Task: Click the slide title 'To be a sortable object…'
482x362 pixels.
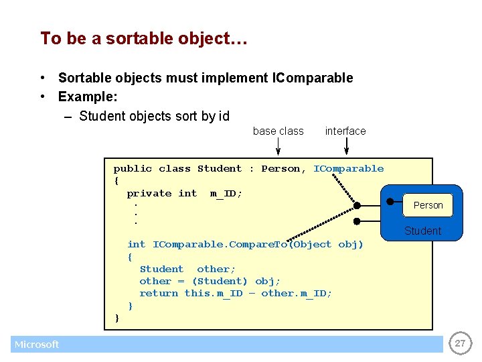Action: [x=144, y=38]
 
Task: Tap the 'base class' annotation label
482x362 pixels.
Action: [x=278, y=131]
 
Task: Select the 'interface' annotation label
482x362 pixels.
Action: [x=345, y=131]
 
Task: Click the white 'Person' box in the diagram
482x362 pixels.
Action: [x=428, y=205]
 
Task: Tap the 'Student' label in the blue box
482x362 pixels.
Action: [x=422, y=231]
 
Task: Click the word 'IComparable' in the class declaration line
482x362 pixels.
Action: [x=348, y=169]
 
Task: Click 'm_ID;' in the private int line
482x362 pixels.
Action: [x=226, y=194]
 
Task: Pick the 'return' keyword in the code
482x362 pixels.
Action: [x=159, y=294]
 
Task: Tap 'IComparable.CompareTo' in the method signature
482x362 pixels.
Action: [x=212, y=245]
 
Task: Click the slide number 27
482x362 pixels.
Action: [x=460, y=344]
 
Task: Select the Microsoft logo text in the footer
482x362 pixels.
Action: [x=37, y=345]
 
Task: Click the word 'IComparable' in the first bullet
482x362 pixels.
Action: [x=313, y=78]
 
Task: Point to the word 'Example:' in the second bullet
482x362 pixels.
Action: [x=88, y=97]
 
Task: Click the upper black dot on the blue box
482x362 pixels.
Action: [x=390, y=200]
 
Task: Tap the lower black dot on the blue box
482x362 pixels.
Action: [x=357, y=221]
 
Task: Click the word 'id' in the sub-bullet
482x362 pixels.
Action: [x=224, y=116]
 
